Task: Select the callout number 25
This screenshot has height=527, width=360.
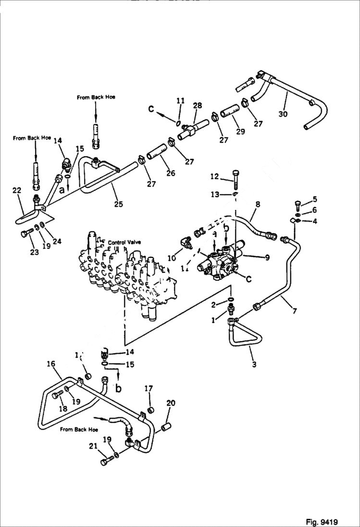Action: [x=118, y=204]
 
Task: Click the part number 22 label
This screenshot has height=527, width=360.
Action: [x=16, y=191]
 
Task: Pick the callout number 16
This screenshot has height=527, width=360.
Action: [x=51, y=364]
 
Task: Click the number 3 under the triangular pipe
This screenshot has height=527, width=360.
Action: [x=254, y=365]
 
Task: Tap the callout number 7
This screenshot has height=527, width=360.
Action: [x=294, y=311]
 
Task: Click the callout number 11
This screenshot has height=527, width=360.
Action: [x=180, y=100]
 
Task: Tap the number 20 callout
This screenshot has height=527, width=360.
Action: [x=171, y=403]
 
